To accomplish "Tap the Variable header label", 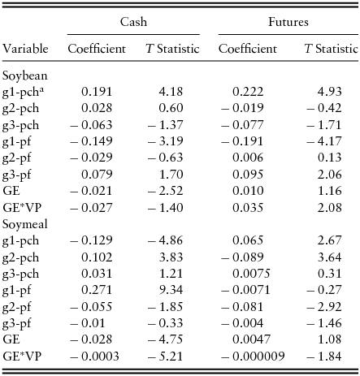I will (x=25, y=50).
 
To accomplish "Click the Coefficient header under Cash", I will (x=97, y=50).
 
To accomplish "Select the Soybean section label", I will (x=25, y=76).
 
